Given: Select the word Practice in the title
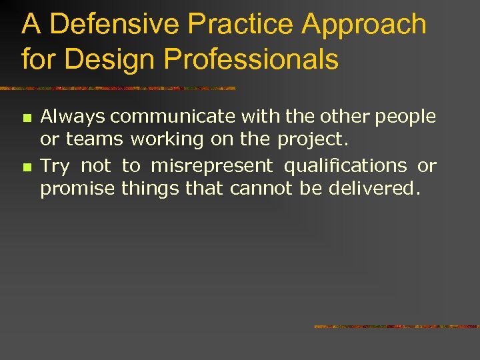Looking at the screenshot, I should (x=242, y=25).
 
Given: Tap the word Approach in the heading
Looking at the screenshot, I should (x=364, y=25).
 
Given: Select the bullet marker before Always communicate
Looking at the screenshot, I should (x=27, y=118).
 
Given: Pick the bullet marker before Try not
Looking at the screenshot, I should (x=27, y=165).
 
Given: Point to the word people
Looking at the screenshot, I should (x=406, y=117).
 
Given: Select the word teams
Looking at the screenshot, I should (x=94, y=139).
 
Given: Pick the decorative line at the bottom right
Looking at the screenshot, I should (x=396, y=327).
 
